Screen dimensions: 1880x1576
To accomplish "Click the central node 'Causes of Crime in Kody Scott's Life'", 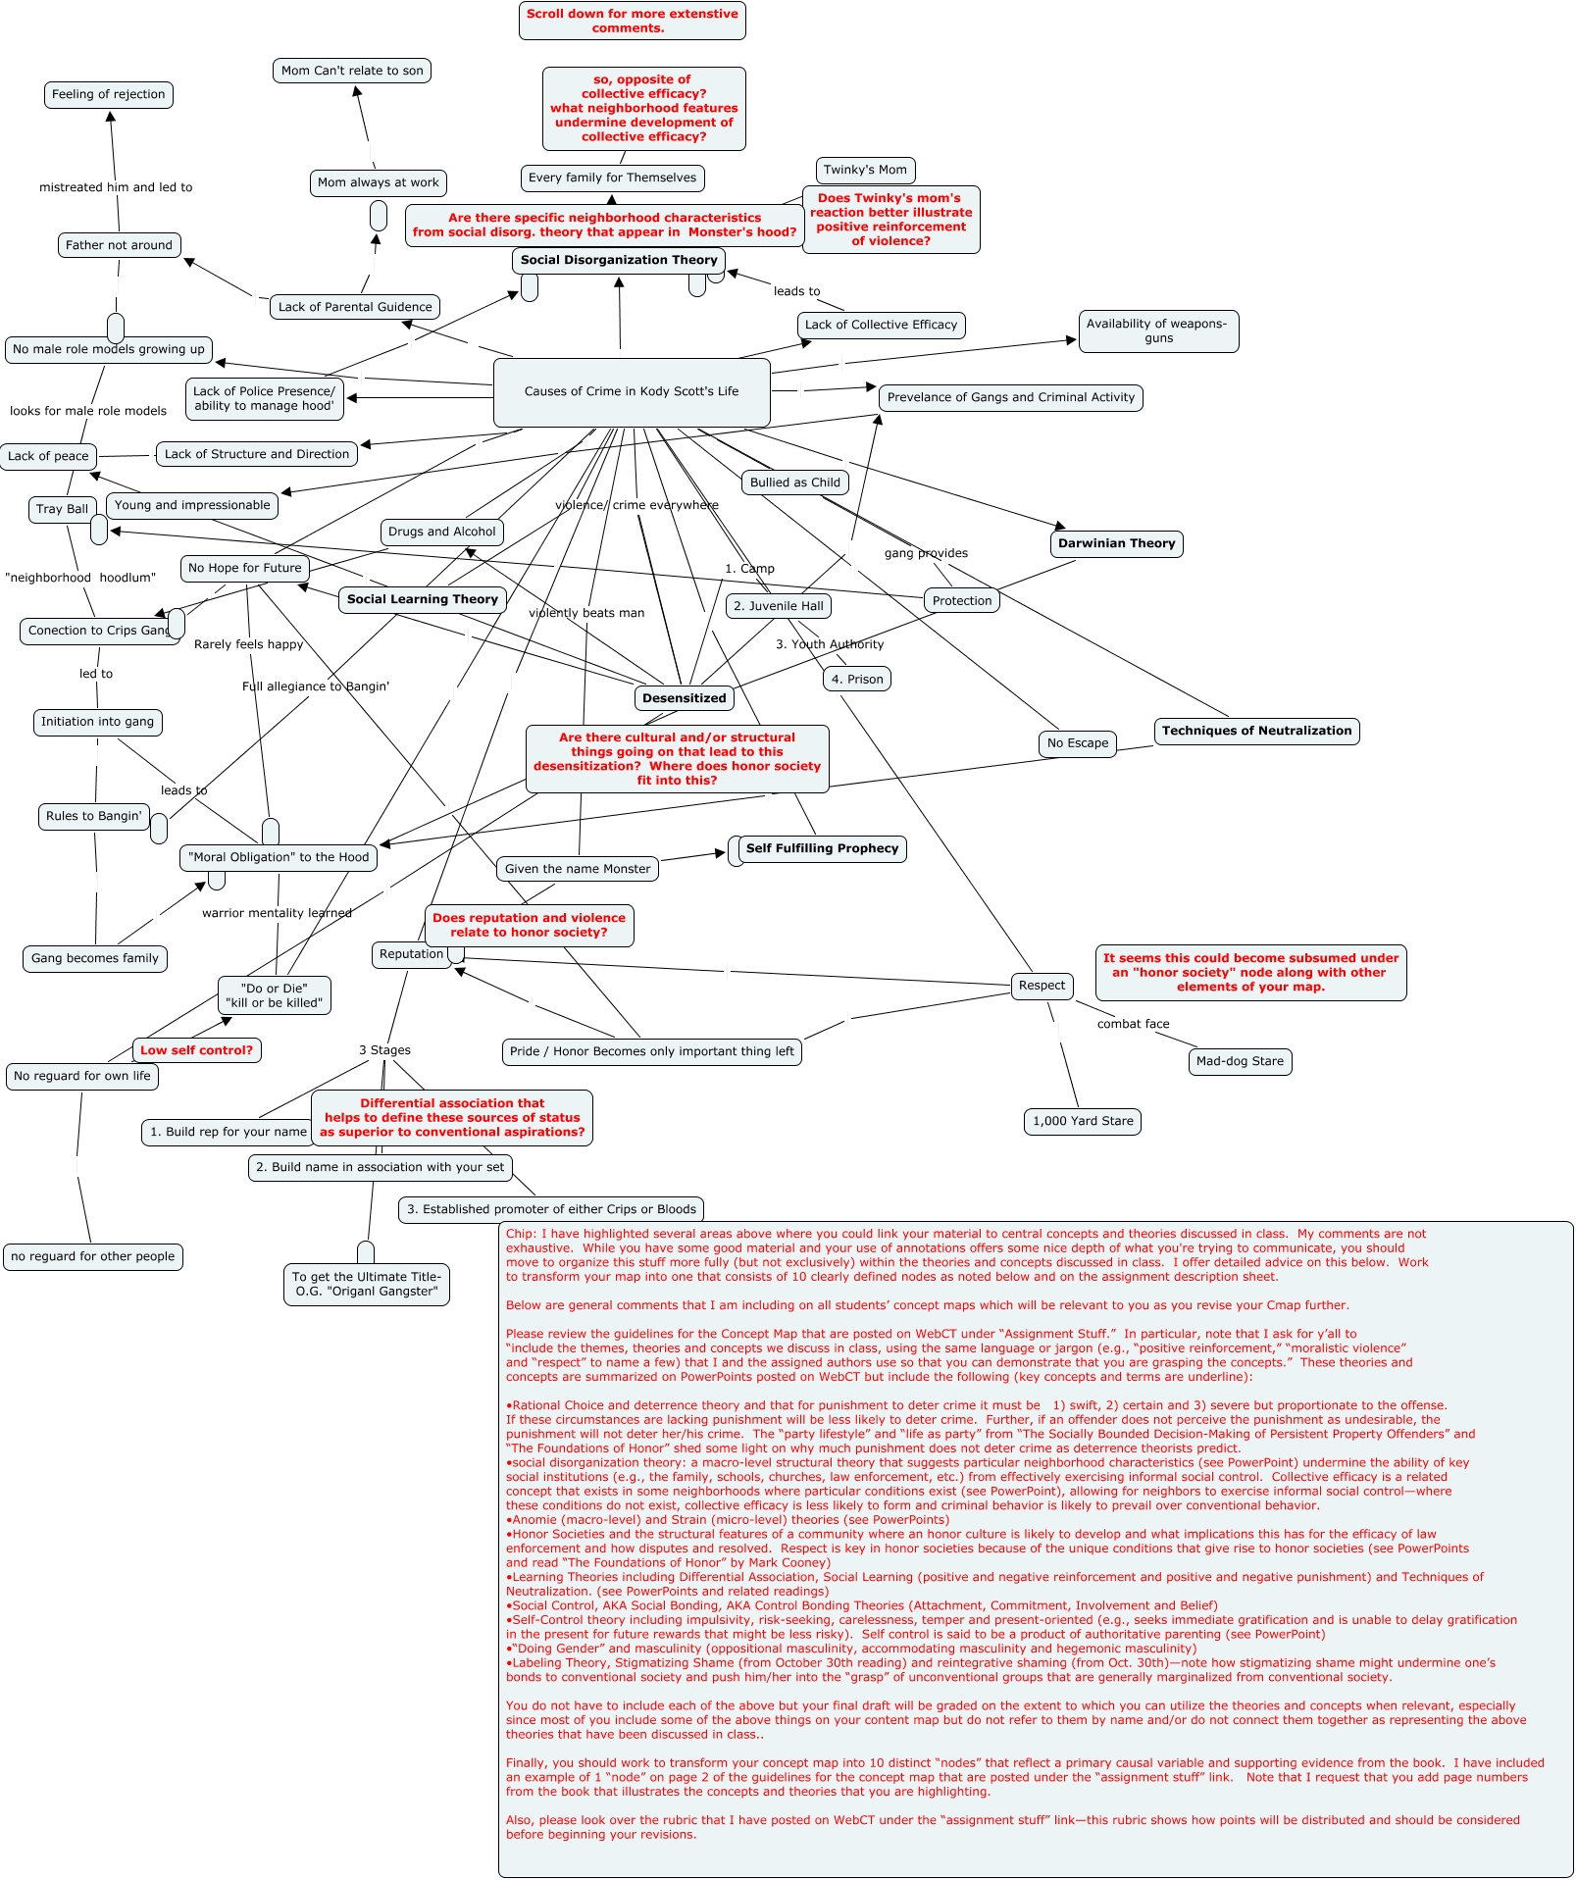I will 632,392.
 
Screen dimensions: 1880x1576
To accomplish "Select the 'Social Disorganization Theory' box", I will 618,260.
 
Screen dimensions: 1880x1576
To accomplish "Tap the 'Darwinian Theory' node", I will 1116,543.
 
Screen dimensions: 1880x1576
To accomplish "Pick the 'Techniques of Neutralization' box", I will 1256,731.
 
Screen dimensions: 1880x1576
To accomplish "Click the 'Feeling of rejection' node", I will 108,95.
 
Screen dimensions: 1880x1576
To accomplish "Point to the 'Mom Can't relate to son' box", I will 352,71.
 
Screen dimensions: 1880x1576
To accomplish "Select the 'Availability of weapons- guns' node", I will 1157,331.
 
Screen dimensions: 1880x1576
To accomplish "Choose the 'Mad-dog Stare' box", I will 1240,1061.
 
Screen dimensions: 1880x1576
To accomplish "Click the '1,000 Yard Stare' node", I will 1083,1121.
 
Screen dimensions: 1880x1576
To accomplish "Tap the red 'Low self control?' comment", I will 196,1050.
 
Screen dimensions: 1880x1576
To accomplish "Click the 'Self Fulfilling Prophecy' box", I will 822,848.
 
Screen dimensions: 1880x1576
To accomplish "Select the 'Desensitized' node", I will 685,698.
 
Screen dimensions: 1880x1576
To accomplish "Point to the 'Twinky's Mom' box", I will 865,170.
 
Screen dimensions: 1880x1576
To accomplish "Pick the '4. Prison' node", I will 857,679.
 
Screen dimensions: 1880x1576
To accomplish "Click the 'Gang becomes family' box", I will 95,958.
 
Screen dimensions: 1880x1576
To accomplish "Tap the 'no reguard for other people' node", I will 93,1256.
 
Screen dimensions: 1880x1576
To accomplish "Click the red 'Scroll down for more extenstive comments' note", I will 632,21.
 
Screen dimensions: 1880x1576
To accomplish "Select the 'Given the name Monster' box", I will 578,869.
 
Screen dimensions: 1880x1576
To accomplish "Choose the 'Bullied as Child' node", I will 794,483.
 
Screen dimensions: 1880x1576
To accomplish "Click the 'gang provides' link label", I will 926,553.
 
